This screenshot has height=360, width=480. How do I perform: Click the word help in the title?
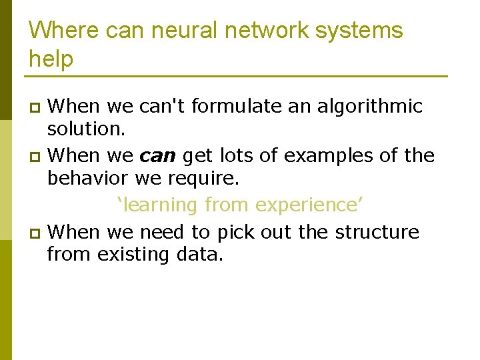pos(51,59)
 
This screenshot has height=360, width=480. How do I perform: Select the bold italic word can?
pos(157,156)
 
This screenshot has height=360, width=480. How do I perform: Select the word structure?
pos(377,232)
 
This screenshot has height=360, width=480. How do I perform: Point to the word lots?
pos(235,156)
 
